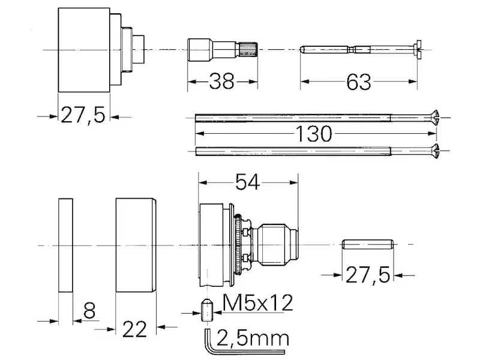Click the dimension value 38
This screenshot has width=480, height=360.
point(221,82)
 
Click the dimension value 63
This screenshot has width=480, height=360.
point(358,82)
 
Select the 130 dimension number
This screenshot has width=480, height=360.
point(313,134)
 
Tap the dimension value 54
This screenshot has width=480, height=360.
point(247,182)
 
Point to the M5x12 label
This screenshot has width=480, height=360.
point(258,303)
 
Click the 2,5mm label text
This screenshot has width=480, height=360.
point(253,338)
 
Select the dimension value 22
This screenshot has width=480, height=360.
point(134,329)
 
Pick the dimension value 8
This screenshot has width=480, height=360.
point(89,310)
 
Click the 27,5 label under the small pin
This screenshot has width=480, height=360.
point(368,275)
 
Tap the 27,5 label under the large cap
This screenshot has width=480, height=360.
point(83,115)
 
